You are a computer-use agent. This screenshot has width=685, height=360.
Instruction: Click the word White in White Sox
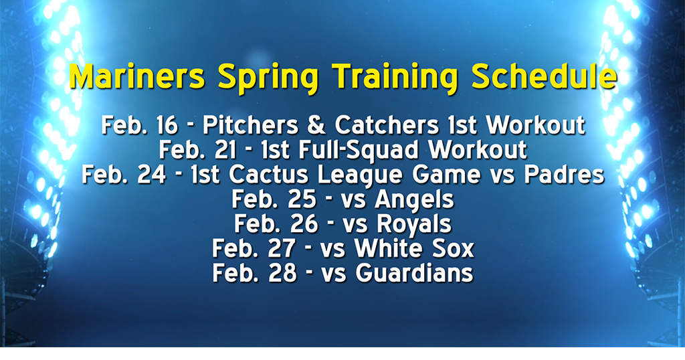pyautogui.click(x=389, y=249)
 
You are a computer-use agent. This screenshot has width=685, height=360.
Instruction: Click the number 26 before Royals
pyautogui.click(x=304, y=224)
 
